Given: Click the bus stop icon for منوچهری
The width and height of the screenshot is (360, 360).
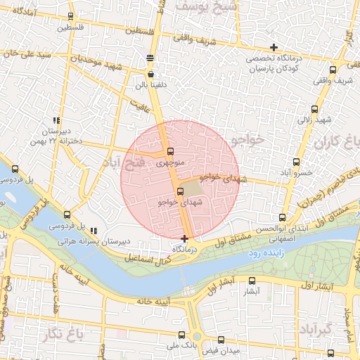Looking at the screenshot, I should (x=169, y=152).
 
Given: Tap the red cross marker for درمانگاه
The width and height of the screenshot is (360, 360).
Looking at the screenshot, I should (x=185, y=239).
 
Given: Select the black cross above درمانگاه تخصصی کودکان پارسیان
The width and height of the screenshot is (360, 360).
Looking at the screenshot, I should (x=274, y=47).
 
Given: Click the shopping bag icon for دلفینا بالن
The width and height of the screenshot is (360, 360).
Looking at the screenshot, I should (x=151, y=73).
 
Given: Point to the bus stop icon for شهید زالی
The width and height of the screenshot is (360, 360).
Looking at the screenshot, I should (x=314, y=109).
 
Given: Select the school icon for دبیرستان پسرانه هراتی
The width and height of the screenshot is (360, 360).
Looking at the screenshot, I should (x=93, y=231).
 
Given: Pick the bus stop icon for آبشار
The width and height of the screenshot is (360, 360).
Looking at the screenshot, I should (x=253, y=280).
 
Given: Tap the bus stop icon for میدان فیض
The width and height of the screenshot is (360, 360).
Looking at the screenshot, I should (x=221, y=340).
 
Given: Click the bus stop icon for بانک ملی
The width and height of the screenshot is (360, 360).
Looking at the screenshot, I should (x=183, y=335).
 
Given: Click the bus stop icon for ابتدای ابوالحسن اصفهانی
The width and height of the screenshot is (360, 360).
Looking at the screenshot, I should (x=282, y=218).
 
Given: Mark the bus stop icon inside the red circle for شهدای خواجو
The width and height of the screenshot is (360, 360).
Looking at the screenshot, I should (x=180, y=191).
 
